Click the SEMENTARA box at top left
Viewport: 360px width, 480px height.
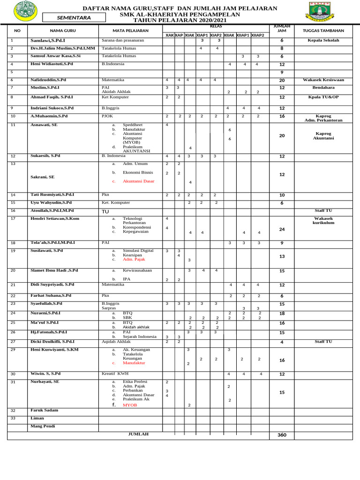click(x=74, y=18)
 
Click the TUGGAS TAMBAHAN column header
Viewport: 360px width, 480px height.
click(x=323, y=30)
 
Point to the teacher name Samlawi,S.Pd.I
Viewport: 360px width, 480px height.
click(x=48, y=41)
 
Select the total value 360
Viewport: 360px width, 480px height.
click(x=282, y=435)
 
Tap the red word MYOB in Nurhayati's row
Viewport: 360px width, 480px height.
click(x=130, y=405)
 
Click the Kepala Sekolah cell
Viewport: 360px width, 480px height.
click(x=323, y=41)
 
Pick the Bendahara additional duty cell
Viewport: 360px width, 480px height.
click(x=323, y=88)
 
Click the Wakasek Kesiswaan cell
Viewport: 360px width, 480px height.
click(x=323, y=80)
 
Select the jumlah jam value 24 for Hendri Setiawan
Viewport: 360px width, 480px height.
click(x=282, y=229)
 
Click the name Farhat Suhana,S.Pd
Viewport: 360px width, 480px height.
click(x=51, y=296)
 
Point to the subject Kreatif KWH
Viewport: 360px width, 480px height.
click(x=115, y=374)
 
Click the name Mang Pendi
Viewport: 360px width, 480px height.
click(x=43, y=426)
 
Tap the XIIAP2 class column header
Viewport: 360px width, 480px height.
click(x=257, y=35)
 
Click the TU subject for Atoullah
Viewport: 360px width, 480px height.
click(x=105, y=211)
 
